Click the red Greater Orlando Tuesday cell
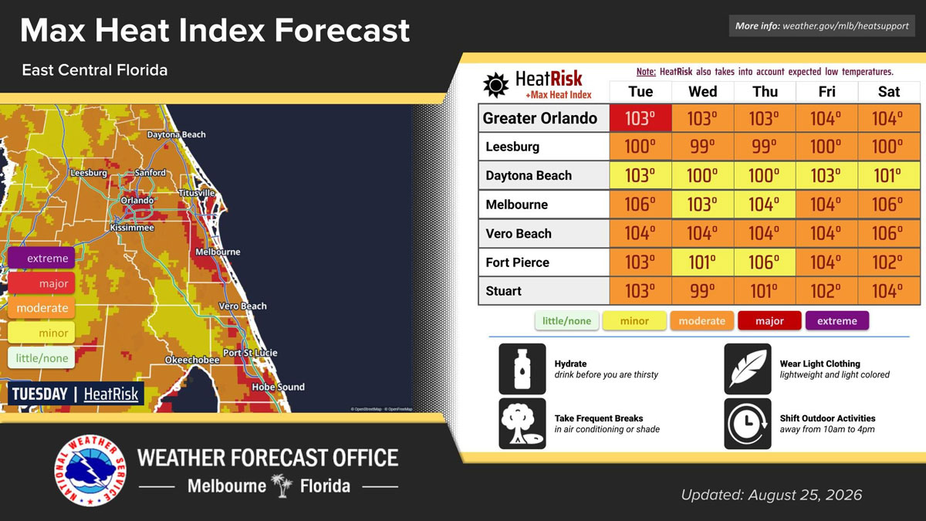pyautogui.click(x=640, y=118)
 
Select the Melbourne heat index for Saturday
pyautogui.click(x=889, y=205)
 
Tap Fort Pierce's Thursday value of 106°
pyautogui.click(x=765, y=262)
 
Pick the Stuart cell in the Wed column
pyautogui.click(x=702, y=291)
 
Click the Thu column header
pyautogui.click(x=765, y=91)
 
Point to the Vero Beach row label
pyautogui.click(x=519, y=234)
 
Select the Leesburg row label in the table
pyautogui.click(x=512, y=147)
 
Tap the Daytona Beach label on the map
pyautogui.click(x=177, y=134)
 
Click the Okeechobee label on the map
pyautogui.click(x=192, y=360)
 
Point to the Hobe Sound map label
pyautogui.click(x=279, y=387)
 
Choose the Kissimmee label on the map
pyautogui.click(x=132, y=228)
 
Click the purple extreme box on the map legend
pyautogui.click(x=42, y=258)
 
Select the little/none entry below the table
pyautogui.click(x=566, y=321)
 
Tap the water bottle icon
pyautogui.click(x=522, y=368)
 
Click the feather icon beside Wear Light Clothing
pyautogui.click(x=748, y=368)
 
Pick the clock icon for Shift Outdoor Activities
pyautogui.click(x=748, y=424)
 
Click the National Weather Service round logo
pyautogui.click(x=90, y=471)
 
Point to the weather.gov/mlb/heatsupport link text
pyautogui.click(x=846, y=26)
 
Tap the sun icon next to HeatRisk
pyautogui.click(x=495, y=85)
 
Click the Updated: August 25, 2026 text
pyautogui.click(x=772, y=495)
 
